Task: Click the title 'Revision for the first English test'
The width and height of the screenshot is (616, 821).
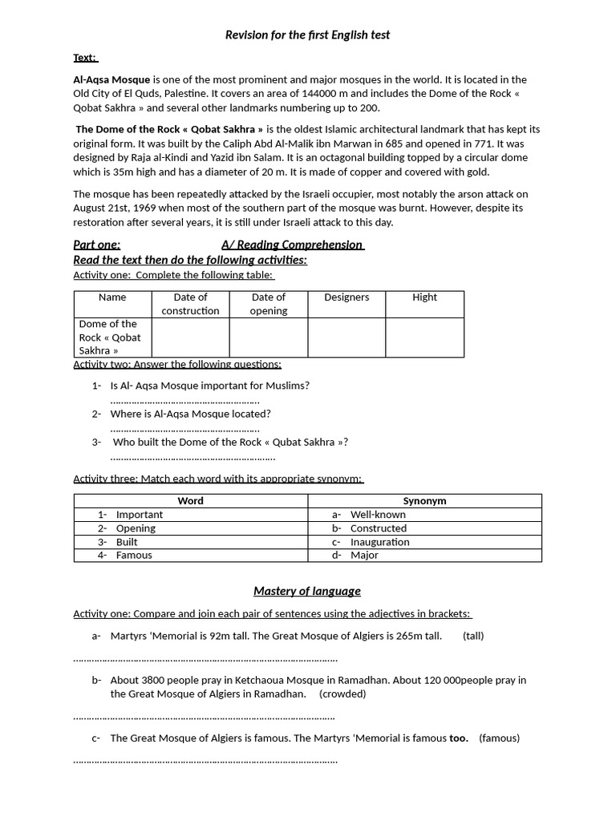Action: pos(307,34)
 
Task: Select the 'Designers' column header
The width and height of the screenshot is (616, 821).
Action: pos(346,297)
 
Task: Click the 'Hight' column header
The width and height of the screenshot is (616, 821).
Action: pos(424,297)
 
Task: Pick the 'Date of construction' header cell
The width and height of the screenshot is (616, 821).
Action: pos(190,304)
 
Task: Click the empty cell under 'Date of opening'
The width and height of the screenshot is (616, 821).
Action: pos(268,338)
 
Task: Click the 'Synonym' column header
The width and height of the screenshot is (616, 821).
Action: pos(424,501)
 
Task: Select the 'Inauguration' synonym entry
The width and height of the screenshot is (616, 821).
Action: pos(379,542)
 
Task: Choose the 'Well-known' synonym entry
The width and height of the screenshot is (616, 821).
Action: pos(378,515)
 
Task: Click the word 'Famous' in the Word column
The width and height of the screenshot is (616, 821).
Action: pos(134,556)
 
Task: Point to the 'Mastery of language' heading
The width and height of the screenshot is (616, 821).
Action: pos(307,592)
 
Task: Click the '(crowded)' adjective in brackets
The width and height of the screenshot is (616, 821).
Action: pos(342,694)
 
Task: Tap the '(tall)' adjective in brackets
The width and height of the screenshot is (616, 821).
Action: pos(473,637)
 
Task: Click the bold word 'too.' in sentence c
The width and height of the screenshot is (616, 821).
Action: pos(459,738)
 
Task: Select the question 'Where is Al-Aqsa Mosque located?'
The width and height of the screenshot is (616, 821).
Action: pos(191,415)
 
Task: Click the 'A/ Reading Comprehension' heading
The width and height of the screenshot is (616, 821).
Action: pos(293,245)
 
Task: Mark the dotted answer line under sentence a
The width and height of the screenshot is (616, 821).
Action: pos(205,659)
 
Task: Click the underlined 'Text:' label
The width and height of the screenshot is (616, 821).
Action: pos(85,58)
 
